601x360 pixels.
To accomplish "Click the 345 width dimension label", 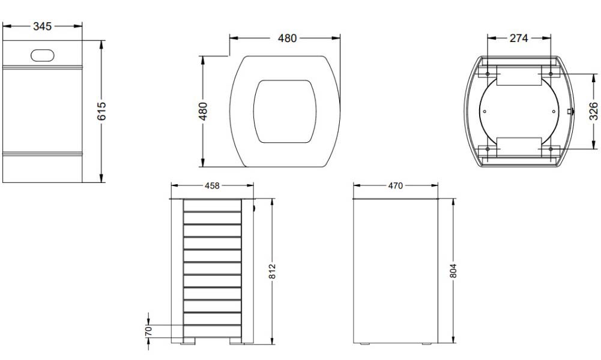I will [42, 26].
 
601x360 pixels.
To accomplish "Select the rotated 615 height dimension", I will [101, 111].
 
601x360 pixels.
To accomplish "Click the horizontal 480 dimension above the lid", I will [287, 38].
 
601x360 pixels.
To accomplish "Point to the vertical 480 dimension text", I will [203, 112].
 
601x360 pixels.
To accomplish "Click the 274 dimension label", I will [518, 38].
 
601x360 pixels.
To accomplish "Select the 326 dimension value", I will [593, 111].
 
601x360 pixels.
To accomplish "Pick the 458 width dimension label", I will [211, 186].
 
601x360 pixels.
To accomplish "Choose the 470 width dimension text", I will [395, 186].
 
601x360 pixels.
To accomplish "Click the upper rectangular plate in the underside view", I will [519, 76].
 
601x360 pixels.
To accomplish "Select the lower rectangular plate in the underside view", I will [519, 146].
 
